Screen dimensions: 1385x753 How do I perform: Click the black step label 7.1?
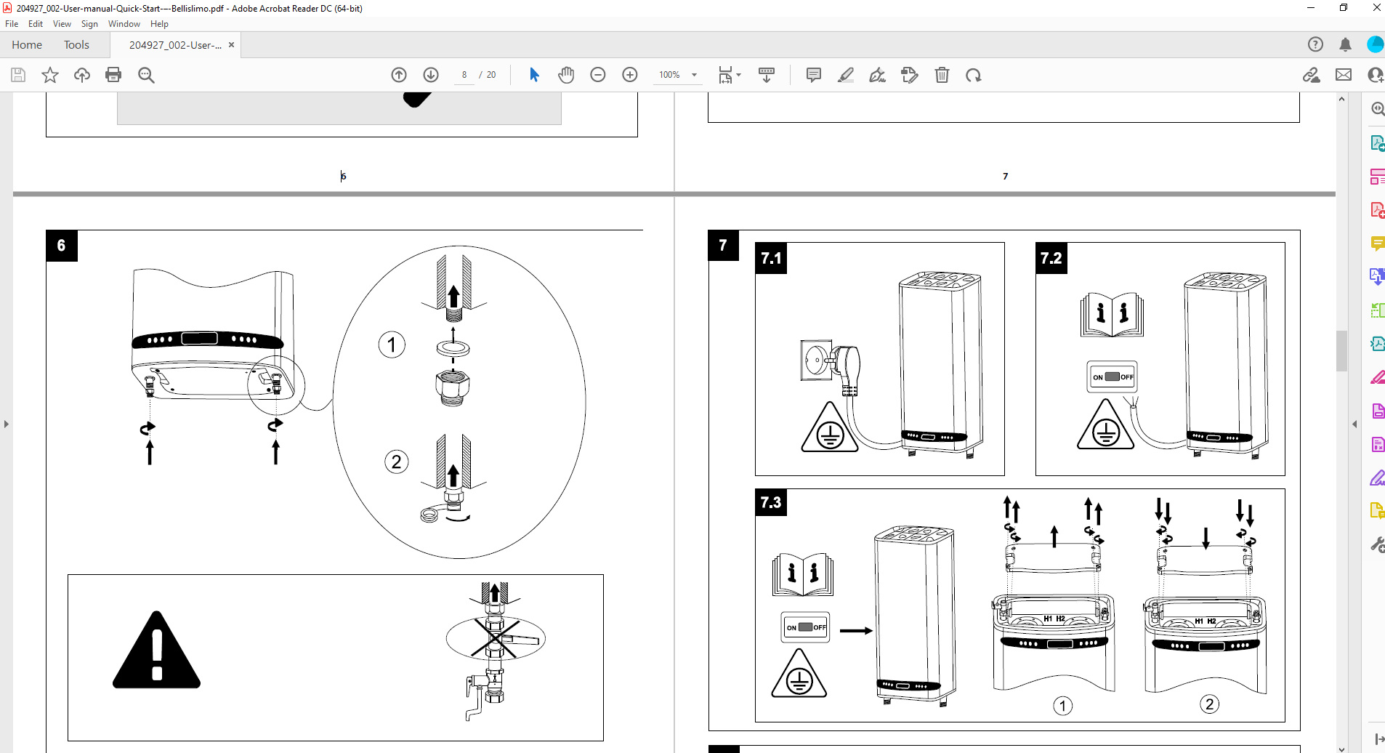(771, 258)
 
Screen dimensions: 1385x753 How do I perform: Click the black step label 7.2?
(1051, 258)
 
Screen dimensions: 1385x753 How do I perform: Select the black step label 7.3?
(771, 502)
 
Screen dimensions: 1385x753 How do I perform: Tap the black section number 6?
(62, 246)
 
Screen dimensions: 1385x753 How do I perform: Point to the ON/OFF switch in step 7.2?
(1112, 376)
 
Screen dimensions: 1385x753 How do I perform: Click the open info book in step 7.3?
(803, 574)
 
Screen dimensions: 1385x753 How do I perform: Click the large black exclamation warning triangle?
(156, 650)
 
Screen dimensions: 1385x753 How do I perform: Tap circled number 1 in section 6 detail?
(392, 345)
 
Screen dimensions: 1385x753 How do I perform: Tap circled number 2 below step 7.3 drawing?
(1209, 704)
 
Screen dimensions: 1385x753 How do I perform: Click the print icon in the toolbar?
(113, 75)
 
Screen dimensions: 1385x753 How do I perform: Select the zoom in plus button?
(630, 75)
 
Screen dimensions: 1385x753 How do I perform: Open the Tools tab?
(76, 45)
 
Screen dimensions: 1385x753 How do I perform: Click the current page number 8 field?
(464, 75)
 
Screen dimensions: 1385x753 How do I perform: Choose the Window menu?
(124, 24)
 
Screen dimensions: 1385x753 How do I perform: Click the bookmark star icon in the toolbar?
(50, 75)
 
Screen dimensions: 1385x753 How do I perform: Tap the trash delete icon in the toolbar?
(942, 75)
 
